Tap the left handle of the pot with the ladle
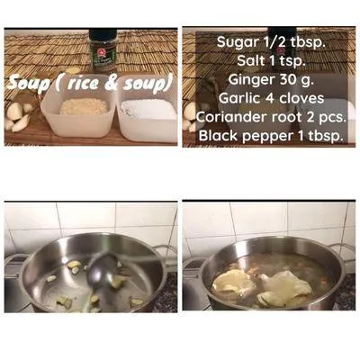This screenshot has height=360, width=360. tap(13, 265)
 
